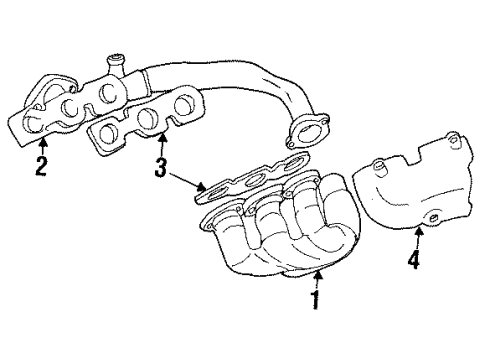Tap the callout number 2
tap(41, 166)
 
